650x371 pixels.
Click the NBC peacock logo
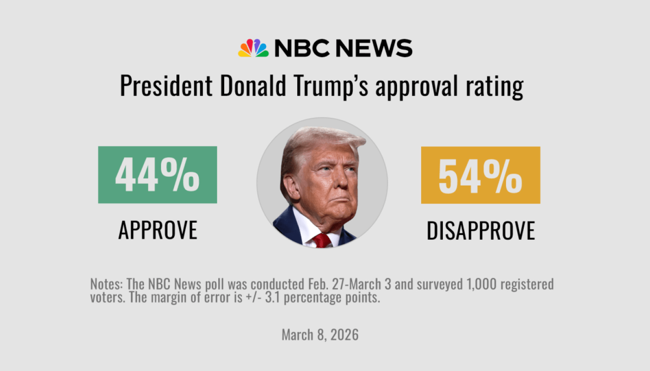(x=253, y=48)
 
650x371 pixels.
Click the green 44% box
(x=157, y=175)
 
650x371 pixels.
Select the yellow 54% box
(x=481, y=175)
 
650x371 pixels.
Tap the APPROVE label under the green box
(x=158, y=230)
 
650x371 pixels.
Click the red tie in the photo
(x=321, y=240)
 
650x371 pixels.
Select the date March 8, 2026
(x=320, y=335)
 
